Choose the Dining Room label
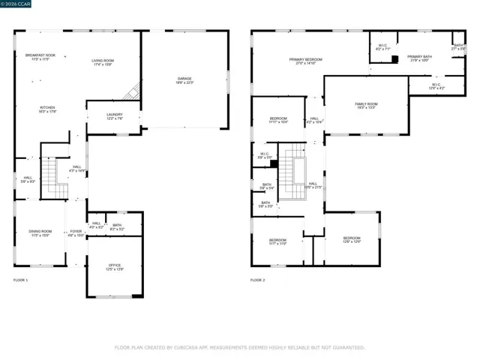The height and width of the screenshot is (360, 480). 40,233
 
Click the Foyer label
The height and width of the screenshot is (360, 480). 76,233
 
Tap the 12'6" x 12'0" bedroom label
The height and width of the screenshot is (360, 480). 352,240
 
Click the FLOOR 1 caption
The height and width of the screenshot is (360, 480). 20,280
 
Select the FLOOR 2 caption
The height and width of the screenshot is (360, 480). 257,280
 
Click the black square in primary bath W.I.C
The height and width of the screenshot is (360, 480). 394,58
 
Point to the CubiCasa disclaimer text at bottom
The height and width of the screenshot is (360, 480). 239,347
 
